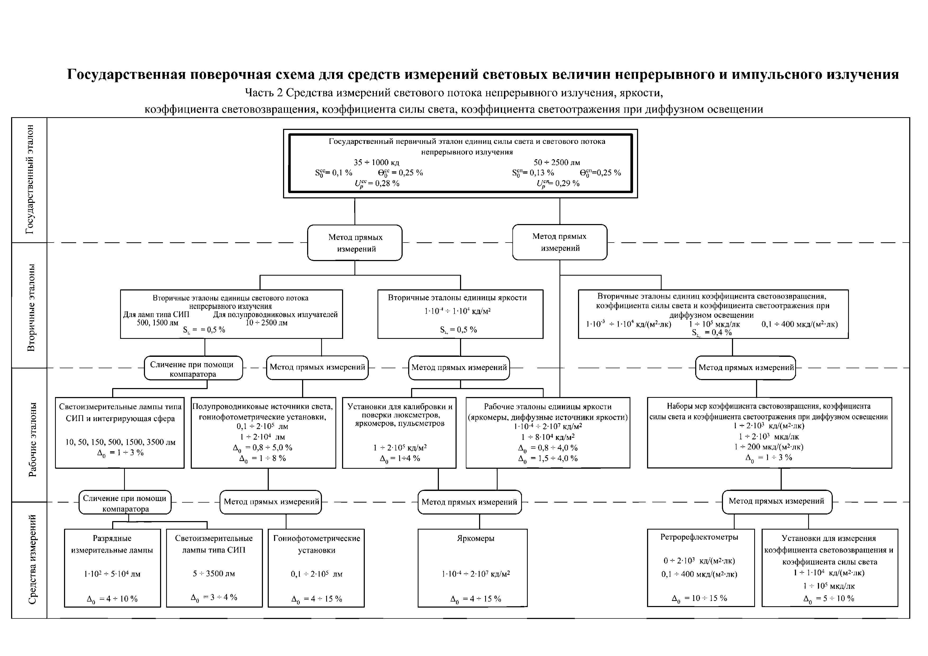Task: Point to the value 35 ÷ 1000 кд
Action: [376, 162]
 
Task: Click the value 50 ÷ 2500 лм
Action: [557, 162]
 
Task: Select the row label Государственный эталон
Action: [30, 180]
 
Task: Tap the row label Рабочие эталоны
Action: [32, 439]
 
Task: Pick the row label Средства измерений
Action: [32, 559]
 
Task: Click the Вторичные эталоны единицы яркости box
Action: [460, 314]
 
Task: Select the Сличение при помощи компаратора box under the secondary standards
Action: [193, 368]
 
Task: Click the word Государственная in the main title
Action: [126, 75]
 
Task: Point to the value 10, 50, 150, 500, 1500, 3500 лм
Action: [120, 442]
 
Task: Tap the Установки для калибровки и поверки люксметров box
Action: [399, 432]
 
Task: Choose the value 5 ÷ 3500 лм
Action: [214, 573]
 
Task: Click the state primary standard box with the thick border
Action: [460, 163]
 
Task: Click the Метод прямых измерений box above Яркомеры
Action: [469, 502]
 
